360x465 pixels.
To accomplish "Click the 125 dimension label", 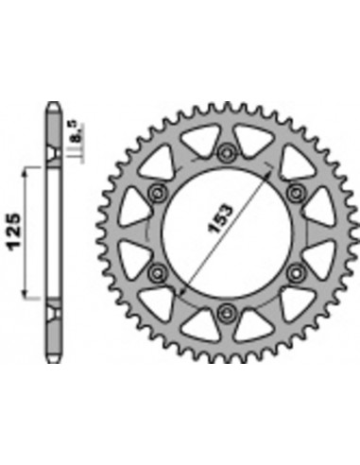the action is click(x=15, y=232).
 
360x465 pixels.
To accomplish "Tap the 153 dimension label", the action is click(x=221, y=219).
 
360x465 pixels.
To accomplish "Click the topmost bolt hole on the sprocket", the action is click(x=226, y=153).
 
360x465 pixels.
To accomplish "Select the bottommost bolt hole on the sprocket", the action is click(x=226, y=312).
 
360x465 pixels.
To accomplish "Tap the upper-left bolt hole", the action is click(x=158, y=194).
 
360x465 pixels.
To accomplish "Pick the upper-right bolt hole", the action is click(x=296, y=192).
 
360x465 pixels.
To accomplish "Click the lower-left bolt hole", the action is click(x=157, y=272).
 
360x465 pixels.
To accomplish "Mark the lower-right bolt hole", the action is click(x=296, y=272).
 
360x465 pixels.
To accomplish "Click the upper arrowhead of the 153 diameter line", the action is click(x=268, y=173).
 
